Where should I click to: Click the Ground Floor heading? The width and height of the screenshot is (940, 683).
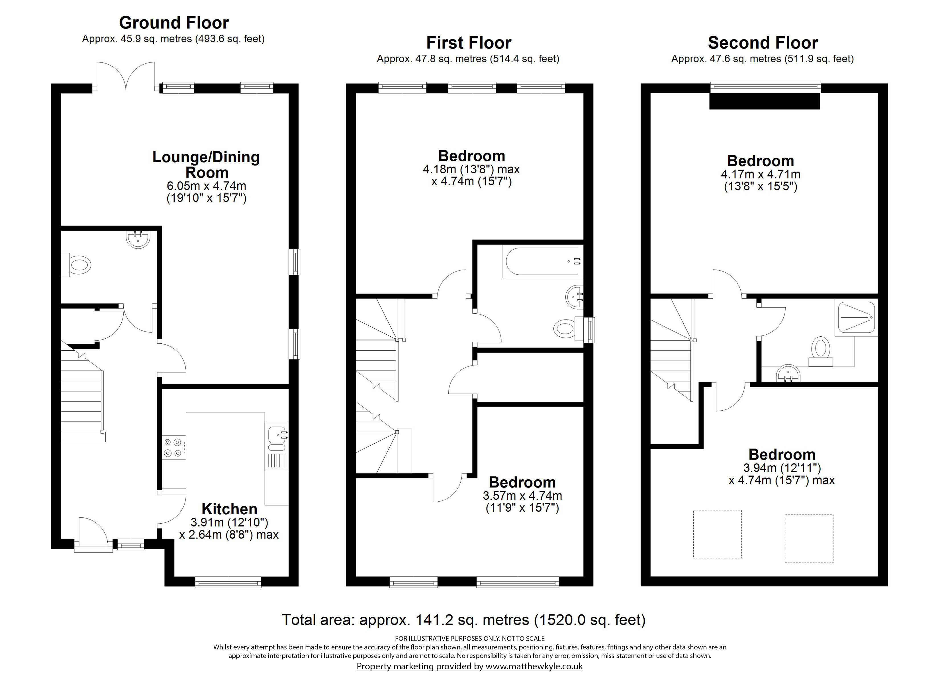[x=174, y=22]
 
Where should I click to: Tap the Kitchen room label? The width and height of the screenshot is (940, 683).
[x=229, y=509]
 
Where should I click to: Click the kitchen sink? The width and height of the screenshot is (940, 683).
[x=277, y=438]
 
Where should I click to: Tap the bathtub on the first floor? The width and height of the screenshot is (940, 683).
[x=542, y=261]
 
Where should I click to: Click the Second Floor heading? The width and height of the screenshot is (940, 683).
[x=763, y=43]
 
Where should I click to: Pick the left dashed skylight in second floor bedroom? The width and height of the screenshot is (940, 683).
[x=718, y=534]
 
